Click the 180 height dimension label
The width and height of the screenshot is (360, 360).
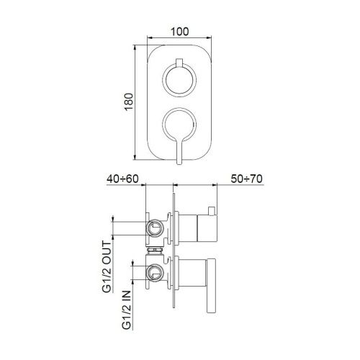[127, 102]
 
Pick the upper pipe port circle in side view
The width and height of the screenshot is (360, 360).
[153, 228]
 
